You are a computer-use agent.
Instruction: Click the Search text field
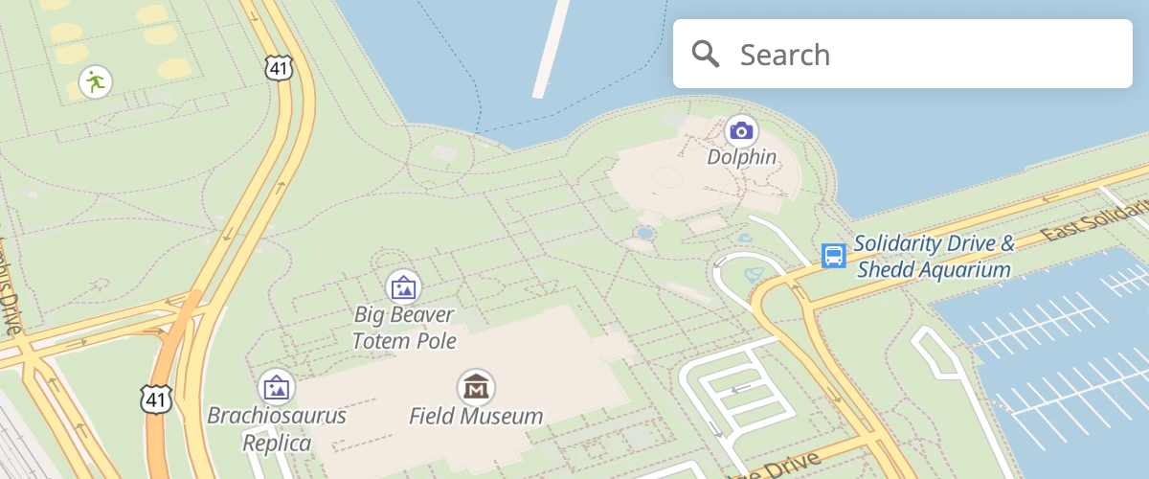[x=919, y=55]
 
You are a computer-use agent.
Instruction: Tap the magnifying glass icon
[x=706, y=55]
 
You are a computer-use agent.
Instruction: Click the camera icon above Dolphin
[x=741, y=130]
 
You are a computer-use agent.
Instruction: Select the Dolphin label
[x=741, y=156]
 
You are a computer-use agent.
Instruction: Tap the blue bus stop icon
[x=834, y=256]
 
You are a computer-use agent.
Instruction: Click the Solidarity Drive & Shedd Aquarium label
[x=934, y=256]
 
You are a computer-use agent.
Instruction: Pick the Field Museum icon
[x=475, y=387]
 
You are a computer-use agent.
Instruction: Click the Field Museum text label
[x=475, y=416]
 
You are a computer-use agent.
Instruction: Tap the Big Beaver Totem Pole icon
[x=404, y=285]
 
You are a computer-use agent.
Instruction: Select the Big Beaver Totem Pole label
[x=404, y=327]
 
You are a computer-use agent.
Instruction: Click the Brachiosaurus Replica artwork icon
[x=277, y=387]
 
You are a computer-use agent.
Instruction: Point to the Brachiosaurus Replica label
[x=277, y=429]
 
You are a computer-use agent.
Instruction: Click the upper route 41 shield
[x=278, y=67]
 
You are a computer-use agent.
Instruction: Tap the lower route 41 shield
[x=155, y=399]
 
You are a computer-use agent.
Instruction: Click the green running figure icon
[x=94, y=81]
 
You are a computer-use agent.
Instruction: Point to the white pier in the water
[x=551, y=48]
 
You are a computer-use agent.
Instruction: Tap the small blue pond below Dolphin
[x=645, y=233]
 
